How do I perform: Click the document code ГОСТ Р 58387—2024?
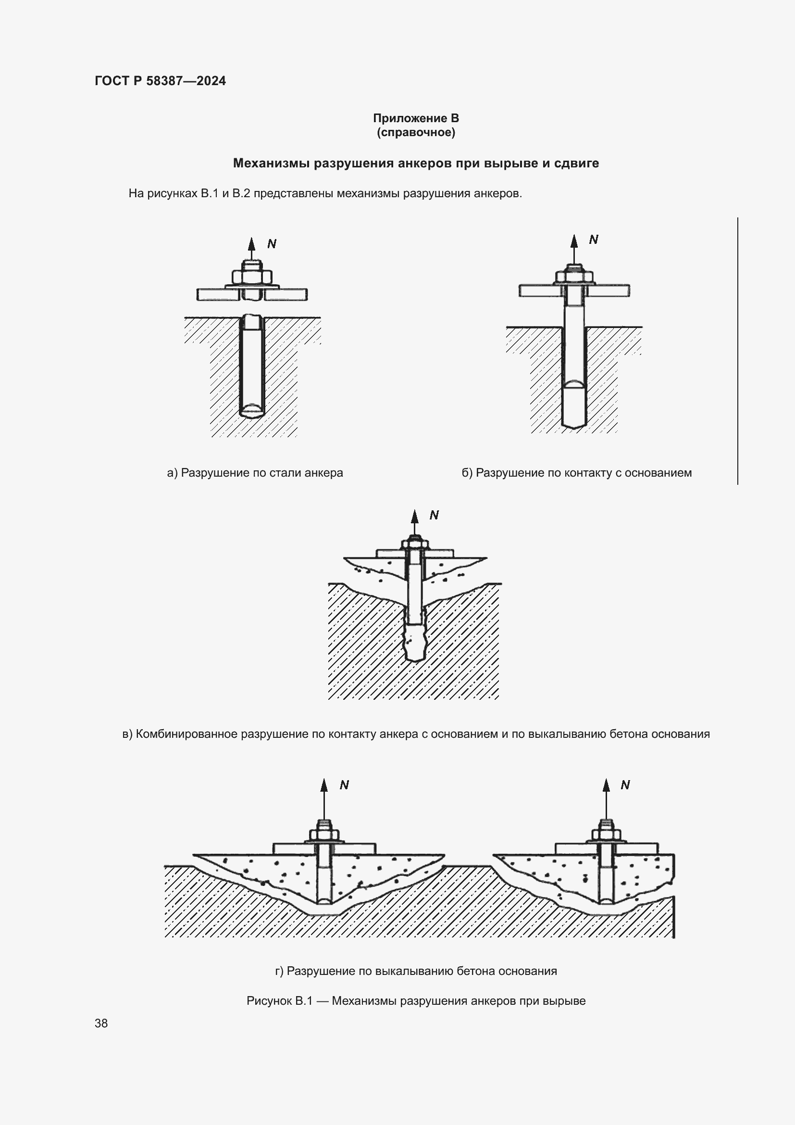coord(160,81)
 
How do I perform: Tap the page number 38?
coord(101,1023)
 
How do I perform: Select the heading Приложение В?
coord(416,118)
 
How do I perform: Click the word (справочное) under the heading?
coord(416,132)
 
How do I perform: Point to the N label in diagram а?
coord(272,243)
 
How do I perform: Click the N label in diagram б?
coord(593,239)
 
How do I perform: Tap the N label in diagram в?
coord(434,515)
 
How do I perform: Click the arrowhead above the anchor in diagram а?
coord(251,244)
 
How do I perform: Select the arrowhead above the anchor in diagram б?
coord(574,240)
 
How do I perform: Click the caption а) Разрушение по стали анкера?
coord(255,473)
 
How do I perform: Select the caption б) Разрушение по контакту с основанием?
coord(577,473)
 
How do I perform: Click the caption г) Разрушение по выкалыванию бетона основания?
coord(416,971)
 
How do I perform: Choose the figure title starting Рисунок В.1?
coord(416,1000)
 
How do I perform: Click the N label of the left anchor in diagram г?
coord(344,784)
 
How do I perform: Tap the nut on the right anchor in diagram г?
coord(606,834)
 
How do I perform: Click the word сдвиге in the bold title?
coord(577,163)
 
